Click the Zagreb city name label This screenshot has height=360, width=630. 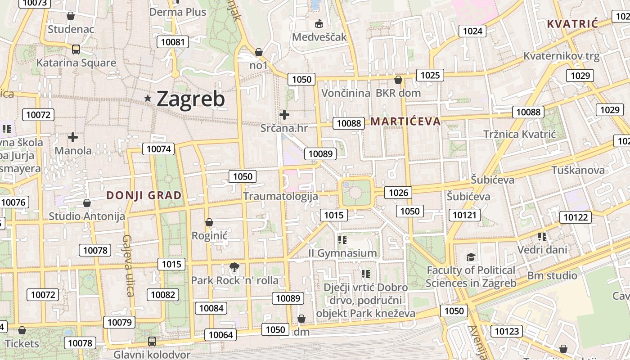190,99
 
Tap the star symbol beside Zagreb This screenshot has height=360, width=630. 148,98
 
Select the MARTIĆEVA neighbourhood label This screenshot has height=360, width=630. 405,121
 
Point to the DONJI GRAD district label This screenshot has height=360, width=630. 144,195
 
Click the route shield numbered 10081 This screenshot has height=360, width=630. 172,42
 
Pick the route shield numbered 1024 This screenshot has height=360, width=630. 472,31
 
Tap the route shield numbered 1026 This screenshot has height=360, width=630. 398,193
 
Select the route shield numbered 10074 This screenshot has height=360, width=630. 158,148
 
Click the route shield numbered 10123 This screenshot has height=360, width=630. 506,331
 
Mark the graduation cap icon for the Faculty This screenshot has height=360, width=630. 471,257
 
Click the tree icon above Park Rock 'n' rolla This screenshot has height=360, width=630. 234,268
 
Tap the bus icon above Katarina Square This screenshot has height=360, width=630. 76,49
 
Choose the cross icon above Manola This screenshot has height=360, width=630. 73,137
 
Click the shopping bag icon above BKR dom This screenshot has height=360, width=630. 398,80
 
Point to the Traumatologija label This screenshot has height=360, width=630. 280,196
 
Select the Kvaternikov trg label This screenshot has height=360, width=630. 561,56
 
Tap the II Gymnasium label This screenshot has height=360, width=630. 342,253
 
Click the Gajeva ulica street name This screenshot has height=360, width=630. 128,265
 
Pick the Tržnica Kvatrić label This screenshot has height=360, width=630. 520,134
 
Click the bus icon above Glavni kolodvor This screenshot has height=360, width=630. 152,341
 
